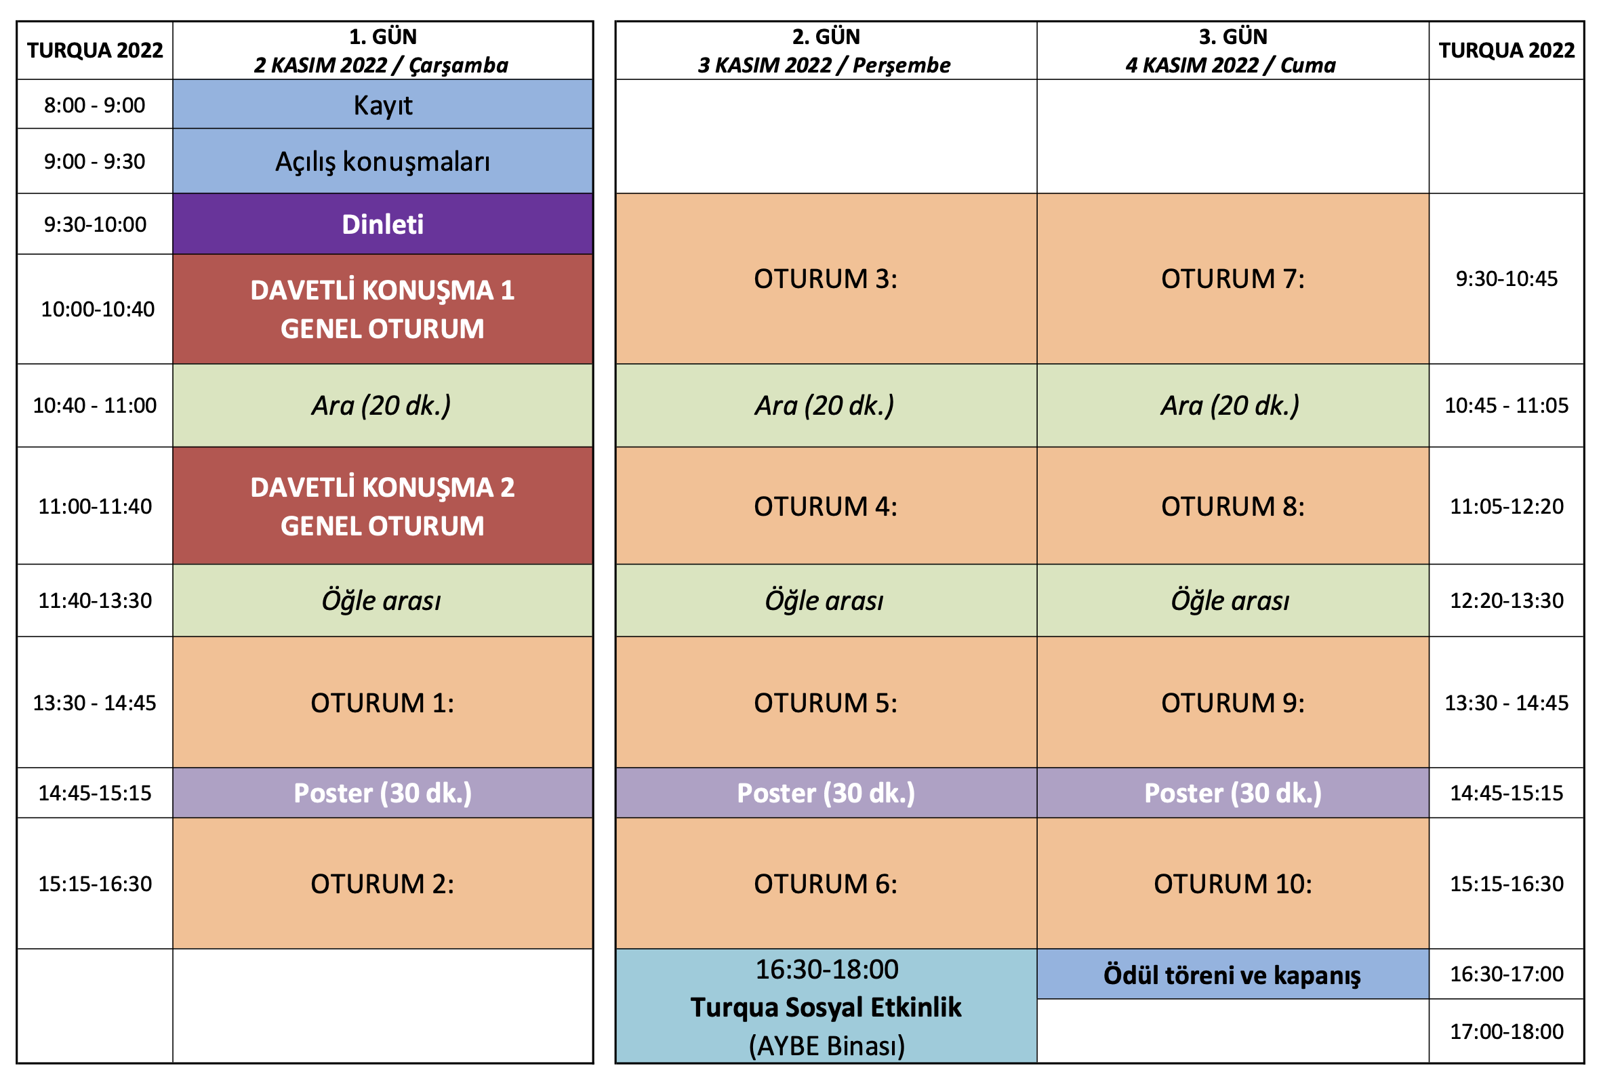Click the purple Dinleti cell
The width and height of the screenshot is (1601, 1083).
pyautogui.click(x=382, y=224)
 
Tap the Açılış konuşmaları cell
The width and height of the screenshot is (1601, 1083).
pyautogui.click(x=382, y=161)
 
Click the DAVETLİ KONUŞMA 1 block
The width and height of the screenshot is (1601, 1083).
pyautogui.click(x=382, y=309)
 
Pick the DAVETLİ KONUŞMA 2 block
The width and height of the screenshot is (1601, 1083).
pyautogui.click(x=382, y=506)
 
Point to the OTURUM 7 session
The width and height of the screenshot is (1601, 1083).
pyautogui.click(x=1232, y=279)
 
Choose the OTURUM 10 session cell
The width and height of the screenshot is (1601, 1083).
pyautogui.click(x=1232, y=883)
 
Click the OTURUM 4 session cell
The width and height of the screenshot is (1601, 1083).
pyautogui.click(x=826, y=506)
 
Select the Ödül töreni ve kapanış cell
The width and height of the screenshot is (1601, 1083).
pyautogui.click(x=1232, y=974)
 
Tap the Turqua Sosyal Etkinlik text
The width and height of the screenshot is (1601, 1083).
pyautogui.click(x=826, y=1007)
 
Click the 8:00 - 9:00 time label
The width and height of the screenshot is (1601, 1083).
pyautogui.click(x=95, y=105)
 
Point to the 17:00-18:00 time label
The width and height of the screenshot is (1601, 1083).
pyautogui.click(x=1507, y=1031)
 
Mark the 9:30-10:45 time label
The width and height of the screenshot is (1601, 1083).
pyautogui.click(x=1507, y=279)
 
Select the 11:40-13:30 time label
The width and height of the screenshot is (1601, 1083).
pyautogui.click(x=95, y=600)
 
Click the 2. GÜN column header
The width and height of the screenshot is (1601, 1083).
pyautogui.click(x=826, y=50)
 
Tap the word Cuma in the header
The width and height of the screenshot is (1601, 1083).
pyautogui.click(x=1308, y=65)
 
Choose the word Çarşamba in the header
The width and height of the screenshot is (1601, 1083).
pyautogui.click(x=459, y=66)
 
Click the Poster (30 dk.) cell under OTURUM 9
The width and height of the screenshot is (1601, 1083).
pyautogui.click(x=1232, y=793)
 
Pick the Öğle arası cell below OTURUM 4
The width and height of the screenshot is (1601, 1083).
pyautogui.click(x=826, y=600)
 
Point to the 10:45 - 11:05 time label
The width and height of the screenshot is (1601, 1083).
pyautogui.click(x=1507, y=405)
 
